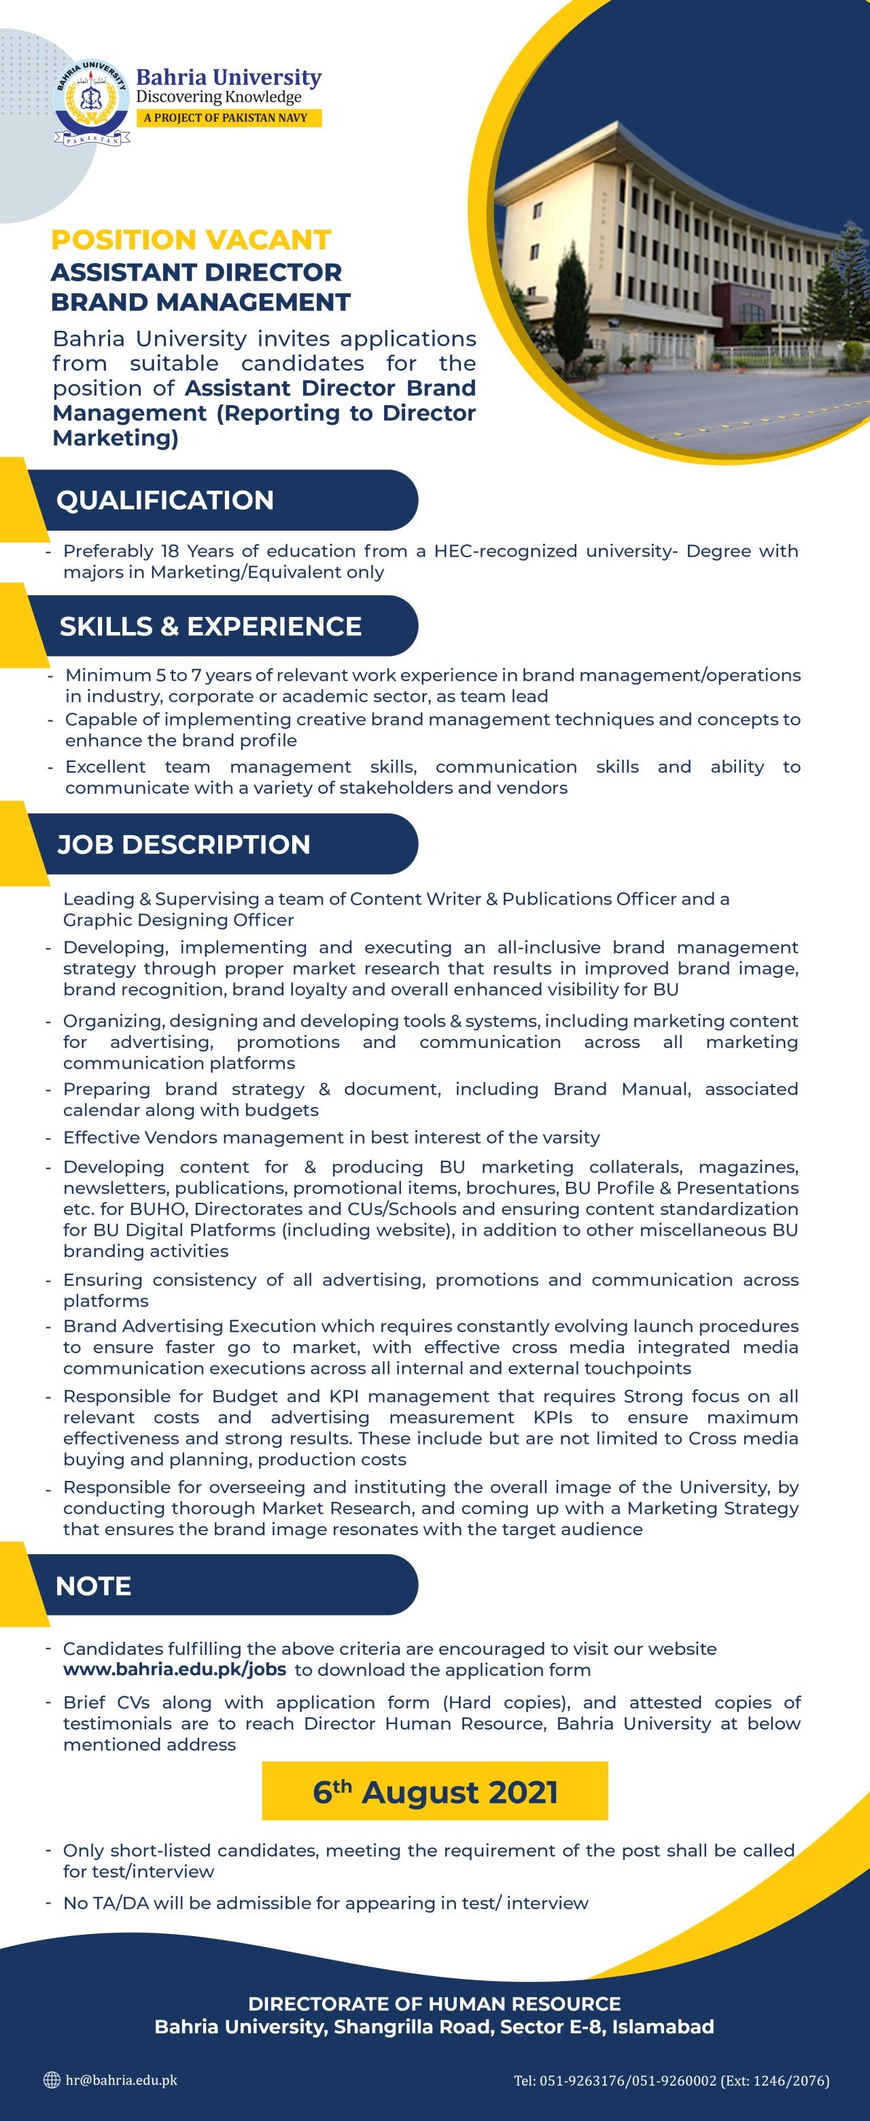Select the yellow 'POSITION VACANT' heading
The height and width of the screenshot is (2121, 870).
point(190,240)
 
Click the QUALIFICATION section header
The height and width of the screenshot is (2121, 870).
point(164,499)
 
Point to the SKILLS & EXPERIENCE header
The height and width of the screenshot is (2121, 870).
point(210,626)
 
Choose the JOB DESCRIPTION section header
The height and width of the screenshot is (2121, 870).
point(183,844)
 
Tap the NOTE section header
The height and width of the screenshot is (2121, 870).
point(93,1585)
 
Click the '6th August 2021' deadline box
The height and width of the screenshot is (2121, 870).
point(435,1791)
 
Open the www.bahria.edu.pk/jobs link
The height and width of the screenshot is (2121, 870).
point(175,1670)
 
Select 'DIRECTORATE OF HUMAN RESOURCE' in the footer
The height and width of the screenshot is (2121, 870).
point(434,2003)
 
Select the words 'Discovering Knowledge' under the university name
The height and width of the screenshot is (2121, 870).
point(218,97)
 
